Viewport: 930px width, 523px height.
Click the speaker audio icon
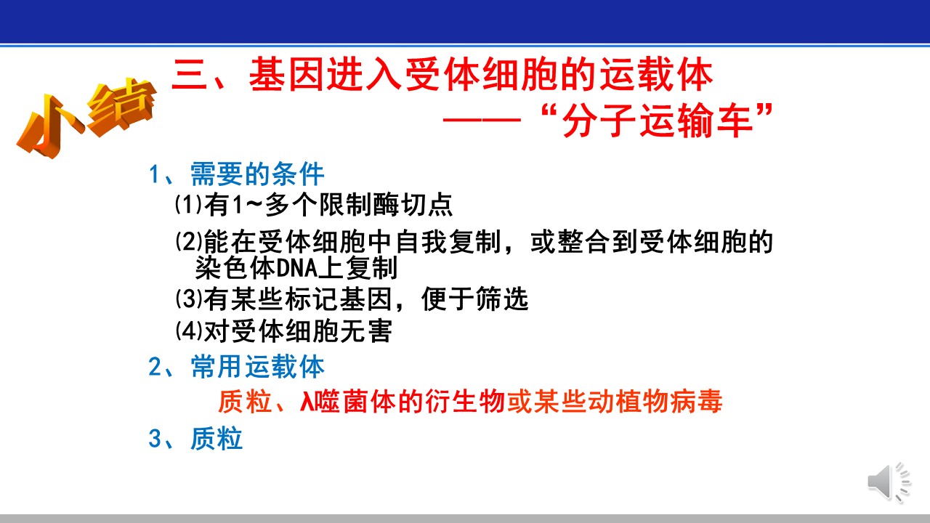889,482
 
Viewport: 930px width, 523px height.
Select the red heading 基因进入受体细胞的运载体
480,75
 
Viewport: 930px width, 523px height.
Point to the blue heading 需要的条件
257,174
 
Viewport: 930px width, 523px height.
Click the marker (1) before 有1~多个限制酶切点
189,204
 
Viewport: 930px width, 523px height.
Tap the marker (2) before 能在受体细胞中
189,241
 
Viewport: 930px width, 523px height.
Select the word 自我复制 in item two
448,242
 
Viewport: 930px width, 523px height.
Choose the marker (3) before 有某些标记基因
189,298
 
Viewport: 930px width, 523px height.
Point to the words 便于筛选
474,299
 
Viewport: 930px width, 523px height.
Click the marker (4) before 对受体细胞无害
189,331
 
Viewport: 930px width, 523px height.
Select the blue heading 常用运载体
257,367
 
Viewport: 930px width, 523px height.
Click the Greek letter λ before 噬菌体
307,402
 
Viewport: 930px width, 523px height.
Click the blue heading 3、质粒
195,438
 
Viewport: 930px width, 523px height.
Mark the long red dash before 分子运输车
482,121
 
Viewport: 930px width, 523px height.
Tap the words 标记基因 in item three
339,299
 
